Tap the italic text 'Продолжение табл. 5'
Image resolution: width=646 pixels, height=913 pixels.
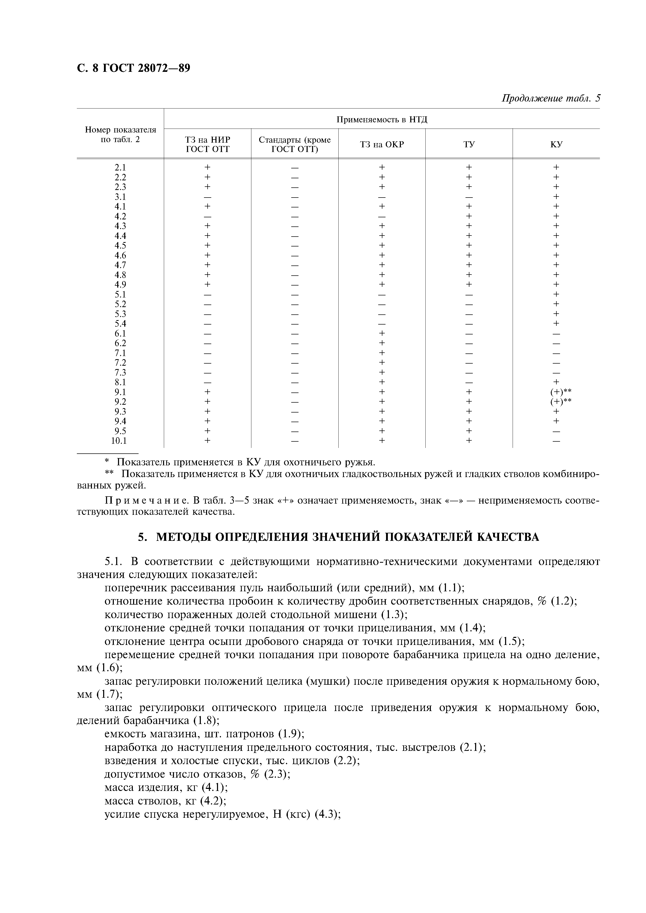click(x=550, y=98)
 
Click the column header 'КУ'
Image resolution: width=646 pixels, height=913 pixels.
click(x=556, y=144)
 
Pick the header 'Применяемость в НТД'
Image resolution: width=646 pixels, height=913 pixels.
click(x=382, y=119)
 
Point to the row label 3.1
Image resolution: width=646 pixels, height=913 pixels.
click(x=120, y=197)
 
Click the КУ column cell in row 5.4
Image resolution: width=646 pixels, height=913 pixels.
click(x=556, y=323)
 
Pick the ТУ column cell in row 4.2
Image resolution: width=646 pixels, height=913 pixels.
click(x=469, y=216)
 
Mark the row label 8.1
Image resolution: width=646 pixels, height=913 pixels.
click(x=120, y=382)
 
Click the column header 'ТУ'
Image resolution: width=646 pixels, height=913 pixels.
click(x=469, y=144)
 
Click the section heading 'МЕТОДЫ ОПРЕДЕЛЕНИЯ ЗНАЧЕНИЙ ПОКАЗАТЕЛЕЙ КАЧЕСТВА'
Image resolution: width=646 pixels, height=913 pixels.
click(x=347, y=537)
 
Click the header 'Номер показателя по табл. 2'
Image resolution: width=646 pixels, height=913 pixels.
click(x=120, y=134)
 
